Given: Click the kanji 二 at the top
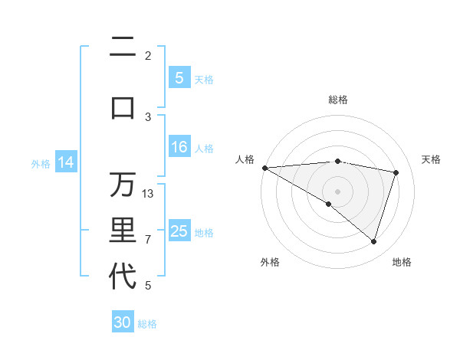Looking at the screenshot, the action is point(123,48).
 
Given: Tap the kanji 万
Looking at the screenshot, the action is point(123,185).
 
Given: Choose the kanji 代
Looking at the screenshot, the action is point(123,277).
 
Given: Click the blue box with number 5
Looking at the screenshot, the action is point(179,78).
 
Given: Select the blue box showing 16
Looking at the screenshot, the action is point(179,147).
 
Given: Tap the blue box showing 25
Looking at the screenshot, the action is point(179,231).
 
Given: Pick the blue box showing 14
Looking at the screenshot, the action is point(66,162).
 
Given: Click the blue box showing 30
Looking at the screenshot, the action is point(123,322).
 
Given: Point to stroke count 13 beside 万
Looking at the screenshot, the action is point(148,193).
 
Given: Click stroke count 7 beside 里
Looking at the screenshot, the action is point(148,239).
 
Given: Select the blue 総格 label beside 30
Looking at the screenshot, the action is point(148,324).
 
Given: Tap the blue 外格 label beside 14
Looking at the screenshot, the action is point(41,163).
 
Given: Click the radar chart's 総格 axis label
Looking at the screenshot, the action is point(337,100).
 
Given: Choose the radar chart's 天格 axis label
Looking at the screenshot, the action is point(432,159).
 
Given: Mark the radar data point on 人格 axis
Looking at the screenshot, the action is point(264,168).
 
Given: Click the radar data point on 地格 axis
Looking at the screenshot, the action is point(373,242).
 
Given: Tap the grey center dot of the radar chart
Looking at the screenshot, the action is point(337,191).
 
